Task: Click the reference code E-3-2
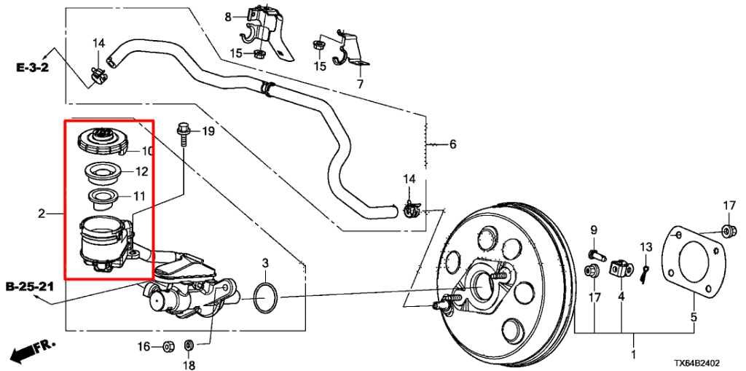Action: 34,67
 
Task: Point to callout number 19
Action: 208,131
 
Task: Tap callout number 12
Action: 141,172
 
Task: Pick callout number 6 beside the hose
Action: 452,144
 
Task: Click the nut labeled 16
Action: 166,345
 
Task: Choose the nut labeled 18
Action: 188,344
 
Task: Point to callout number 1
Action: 632,355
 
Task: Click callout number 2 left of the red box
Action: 42,214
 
